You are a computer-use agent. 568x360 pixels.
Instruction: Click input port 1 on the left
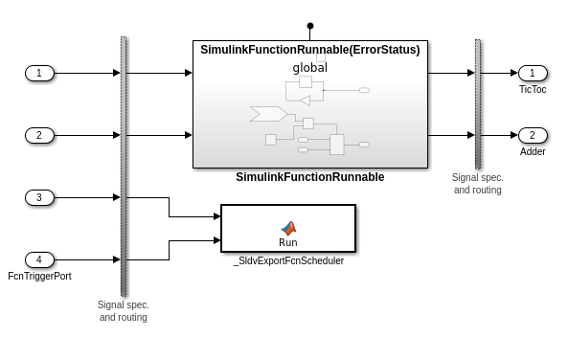[x=39, y=73]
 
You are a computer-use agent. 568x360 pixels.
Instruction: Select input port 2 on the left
[x=39, y=135]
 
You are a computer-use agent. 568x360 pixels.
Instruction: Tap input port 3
[x=39, y=197]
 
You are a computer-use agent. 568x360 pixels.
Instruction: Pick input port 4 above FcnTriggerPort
[x=39, y=259]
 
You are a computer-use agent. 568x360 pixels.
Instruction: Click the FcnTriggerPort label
[x=39, y=276]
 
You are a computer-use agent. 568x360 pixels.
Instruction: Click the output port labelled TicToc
[x=533, y=73]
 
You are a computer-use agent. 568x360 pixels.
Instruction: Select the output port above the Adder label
[x=533, y=135]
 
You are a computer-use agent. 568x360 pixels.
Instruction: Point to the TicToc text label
[x=533, y=89]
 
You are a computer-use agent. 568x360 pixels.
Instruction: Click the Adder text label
[x=533, y=151]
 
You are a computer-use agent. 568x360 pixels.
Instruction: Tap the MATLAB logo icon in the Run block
[x=288, y=227]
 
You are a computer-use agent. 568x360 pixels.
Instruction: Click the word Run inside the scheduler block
[x=288, y=242]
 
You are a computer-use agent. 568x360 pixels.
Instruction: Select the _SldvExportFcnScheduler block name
[x=288, y=260]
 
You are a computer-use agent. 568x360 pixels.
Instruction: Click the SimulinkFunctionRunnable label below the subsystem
[x=309, y=177]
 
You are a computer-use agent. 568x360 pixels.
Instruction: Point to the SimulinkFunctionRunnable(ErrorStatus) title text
[x=309, y=50]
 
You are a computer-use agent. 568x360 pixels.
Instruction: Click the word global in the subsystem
[x=309, y=68]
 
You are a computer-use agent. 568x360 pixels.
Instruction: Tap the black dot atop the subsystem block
[x=310, y=26]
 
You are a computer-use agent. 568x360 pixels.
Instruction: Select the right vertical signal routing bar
[x=478, y=103]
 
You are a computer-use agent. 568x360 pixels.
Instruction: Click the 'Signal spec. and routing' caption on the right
[x=477, y=183]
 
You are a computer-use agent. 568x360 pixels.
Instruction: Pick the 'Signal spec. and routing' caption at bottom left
[x=124, y=310]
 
